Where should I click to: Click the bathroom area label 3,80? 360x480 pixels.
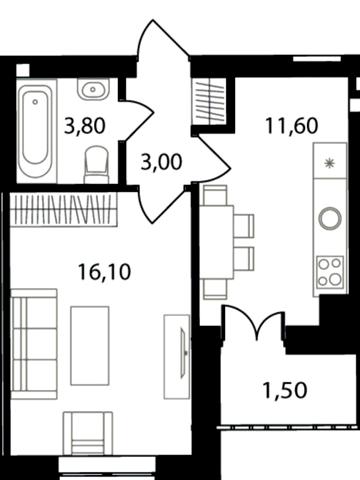[x=85, y=126]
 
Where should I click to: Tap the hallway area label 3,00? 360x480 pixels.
[x=162, y=162]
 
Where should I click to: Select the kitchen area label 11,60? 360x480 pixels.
[x=292, y=126]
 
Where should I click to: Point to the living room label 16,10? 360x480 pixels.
[x=104, y=272]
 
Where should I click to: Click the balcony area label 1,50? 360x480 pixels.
[x=285, y=390]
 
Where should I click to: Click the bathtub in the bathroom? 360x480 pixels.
[x=35, y=130]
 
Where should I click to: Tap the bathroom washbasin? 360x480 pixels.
[x=93, y=89]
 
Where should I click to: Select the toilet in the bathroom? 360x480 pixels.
[x=97, y=164]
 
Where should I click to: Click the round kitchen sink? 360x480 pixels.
[x=330, y=218]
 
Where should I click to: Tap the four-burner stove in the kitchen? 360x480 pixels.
[x=330, y=272]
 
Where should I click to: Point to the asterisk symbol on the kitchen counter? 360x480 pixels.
[x=329, y=163]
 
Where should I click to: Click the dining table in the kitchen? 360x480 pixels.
[x=216, y=242]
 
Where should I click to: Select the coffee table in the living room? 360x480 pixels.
[x=90, y=346]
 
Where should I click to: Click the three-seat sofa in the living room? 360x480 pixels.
[x=34, y=344]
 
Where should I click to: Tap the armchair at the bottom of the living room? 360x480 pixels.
[x=88, y=433]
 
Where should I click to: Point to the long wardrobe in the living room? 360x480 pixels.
[x=64, y=209]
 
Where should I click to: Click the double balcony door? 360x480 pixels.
[x=255, y=323]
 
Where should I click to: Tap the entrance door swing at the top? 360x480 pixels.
[x=162, y=40]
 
